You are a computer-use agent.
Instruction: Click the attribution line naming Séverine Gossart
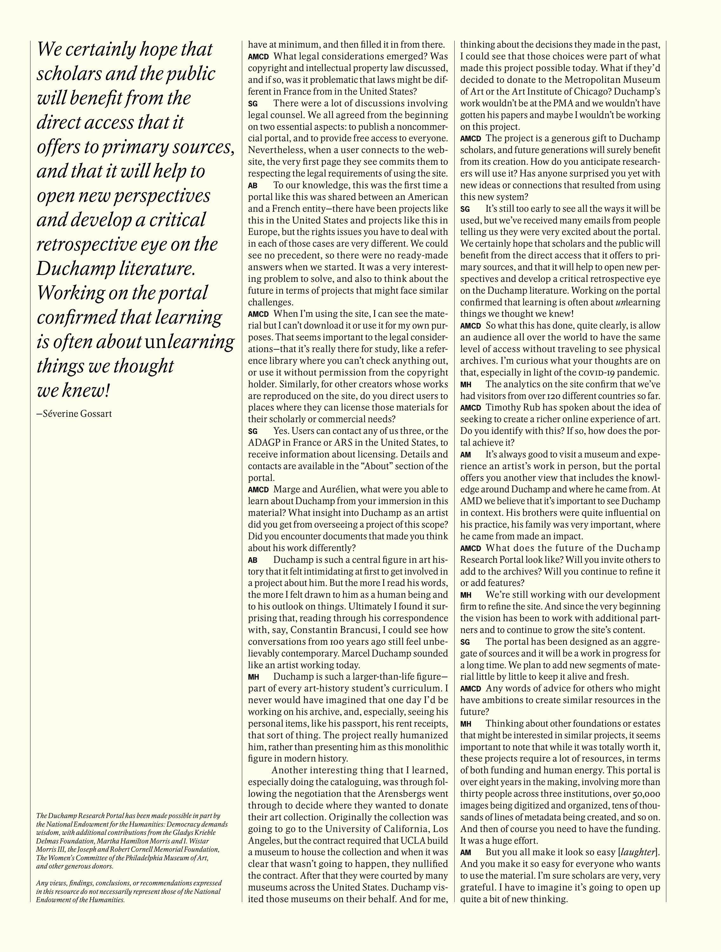pyautogui.click(x=74, y=414)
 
